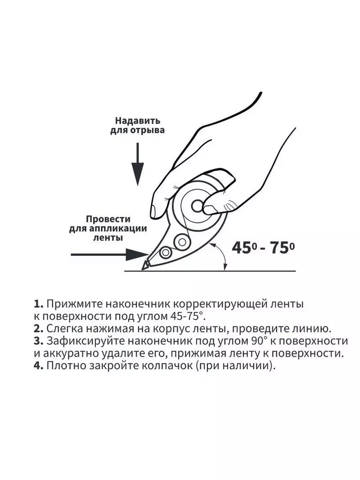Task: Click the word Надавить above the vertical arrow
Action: [138, 120]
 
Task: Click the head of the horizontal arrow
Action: [137, 254]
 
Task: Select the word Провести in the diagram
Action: [108, 219]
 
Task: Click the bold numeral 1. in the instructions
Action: [39, 304]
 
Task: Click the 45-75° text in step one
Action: [188, 317]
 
